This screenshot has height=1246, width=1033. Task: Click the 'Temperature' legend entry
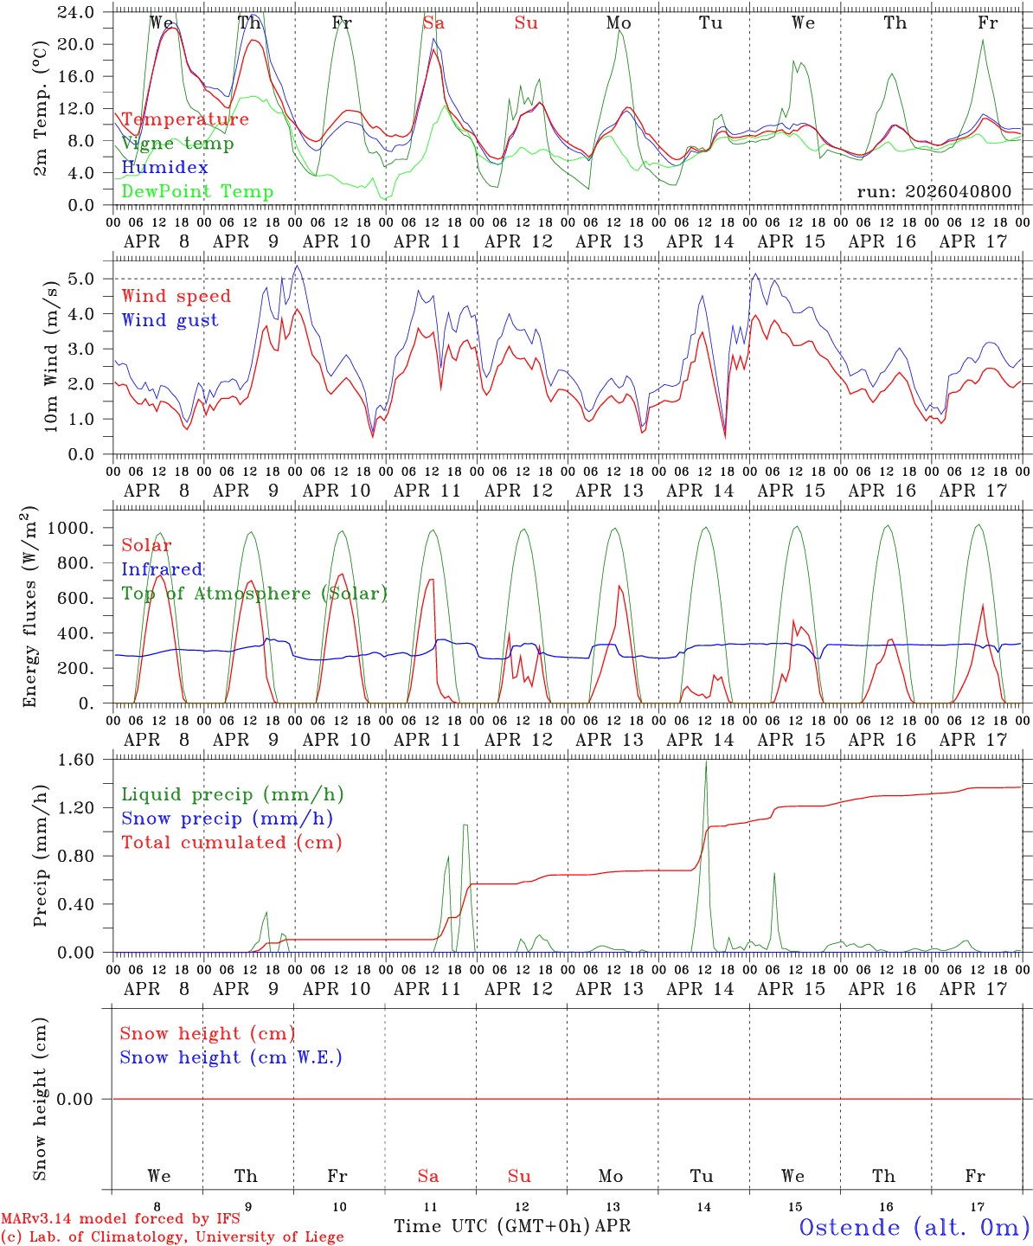pos(184,119)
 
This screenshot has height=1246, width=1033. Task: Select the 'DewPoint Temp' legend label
pos(197,192)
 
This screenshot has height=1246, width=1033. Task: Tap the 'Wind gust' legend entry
pos(170,320)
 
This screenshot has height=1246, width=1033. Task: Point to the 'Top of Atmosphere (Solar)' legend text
pos(253,594)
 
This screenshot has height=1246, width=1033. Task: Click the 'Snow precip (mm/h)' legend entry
pos(227,819)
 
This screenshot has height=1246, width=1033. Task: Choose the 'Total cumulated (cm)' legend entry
pos(231,843)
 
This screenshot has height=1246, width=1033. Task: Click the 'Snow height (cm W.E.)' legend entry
pos(230,1057)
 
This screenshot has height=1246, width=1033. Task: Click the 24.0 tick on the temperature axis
pos(78,12)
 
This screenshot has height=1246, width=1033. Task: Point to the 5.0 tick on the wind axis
pos(86,279)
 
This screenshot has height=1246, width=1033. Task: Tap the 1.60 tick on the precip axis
pos(78,760)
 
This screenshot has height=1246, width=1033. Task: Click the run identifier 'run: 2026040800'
pos(934,191)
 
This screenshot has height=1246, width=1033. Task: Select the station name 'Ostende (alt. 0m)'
pos(914,1227)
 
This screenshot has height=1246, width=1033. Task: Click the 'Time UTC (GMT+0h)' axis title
pos(491,1226)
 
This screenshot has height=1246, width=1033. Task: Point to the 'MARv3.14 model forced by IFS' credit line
pos(120,1219)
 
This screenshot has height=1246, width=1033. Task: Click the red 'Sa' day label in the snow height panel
pos(428,1176)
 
